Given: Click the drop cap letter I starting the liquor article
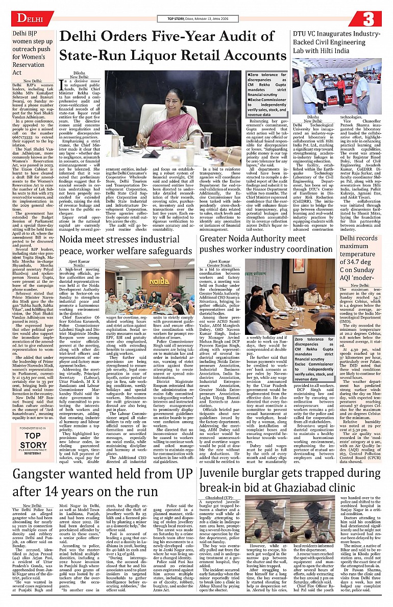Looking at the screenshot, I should click(62, 84).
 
